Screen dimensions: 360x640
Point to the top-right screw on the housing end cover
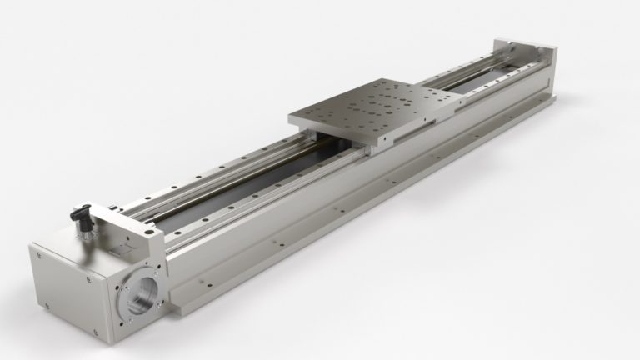coord(89,279)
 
